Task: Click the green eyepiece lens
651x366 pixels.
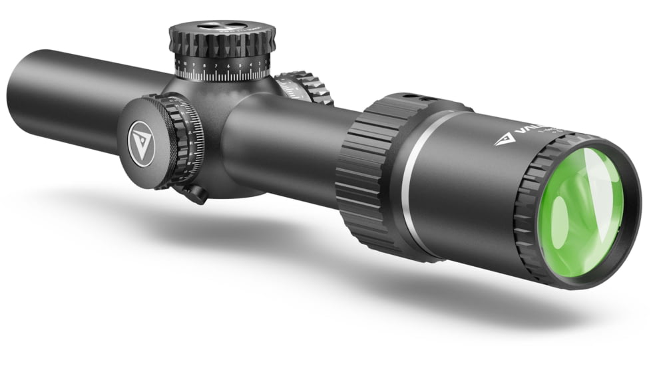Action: click(x=580, y=213)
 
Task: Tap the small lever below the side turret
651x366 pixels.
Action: click(x=194, y=194)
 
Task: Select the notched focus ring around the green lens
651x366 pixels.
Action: click(x=533, y=220)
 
